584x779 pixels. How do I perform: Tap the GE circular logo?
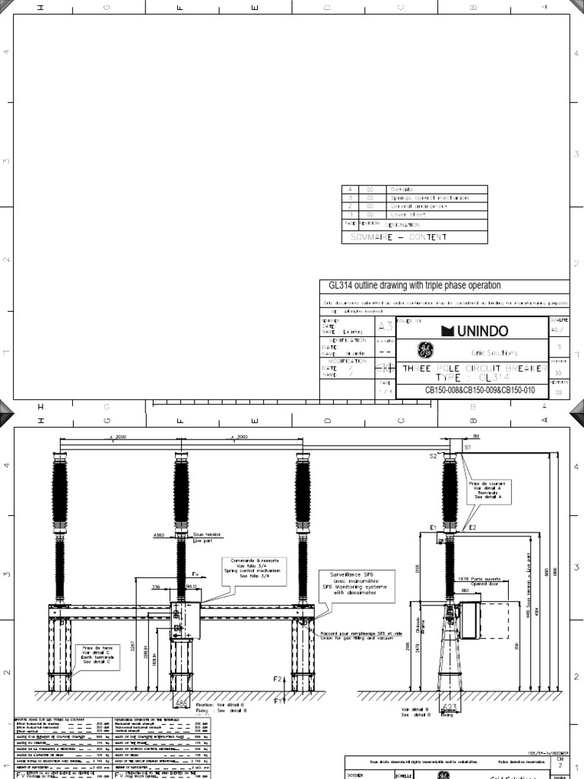coord(424,351)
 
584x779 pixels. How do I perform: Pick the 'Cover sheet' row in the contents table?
coord(407,215)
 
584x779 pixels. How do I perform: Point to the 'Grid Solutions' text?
coord(496,353)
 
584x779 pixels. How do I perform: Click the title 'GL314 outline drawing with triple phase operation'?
coord(414,285)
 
